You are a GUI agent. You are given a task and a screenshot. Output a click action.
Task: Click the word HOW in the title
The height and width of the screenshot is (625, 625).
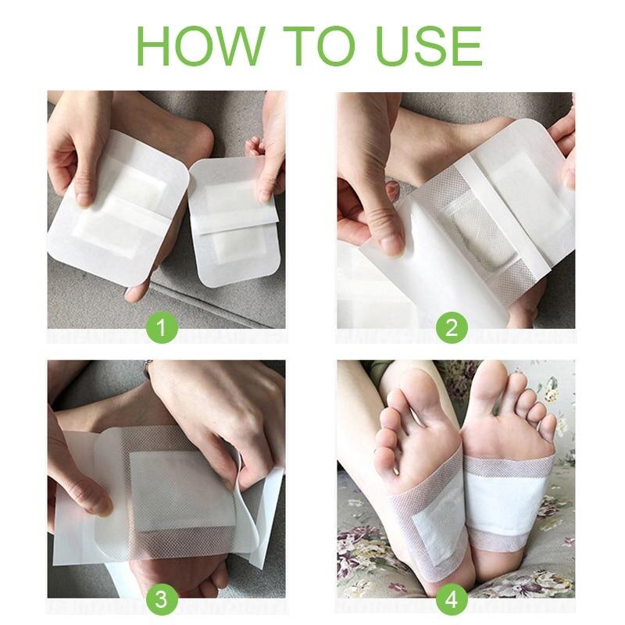point(201,46)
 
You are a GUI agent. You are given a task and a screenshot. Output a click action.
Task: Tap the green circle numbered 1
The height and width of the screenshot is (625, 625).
point(162,327)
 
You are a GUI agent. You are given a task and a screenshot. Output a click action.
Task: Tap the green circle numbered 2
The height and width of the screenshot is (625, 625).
point(452,327)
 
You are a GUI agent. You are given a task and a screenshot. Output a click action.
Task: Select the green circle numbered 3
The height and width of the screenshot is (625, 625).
point(162,598)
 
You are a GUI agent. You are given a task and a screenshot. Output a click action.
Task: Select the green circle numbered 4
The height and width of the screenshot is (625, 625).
point(452,598)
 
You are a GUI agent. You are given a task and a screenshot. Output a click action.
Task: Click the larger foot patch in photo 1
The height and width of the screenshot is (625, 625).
point(118,207)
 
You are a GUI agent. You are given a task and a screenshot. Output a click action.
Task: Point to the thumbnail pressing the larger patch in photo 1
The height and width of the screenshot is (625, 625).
point(83,198)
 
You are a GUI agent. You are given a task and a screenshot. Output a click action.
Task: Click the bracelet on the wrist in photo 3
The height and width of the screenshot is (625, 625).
point(148,366)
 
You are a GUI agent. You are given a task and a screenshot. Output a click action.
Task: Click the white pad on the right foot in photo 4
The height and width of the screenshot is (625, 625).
point(507,500)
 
